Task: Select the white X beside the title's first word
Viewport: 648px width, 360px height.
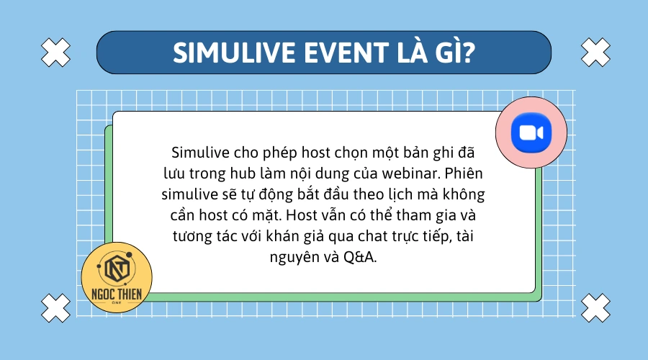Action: tap(56, 51)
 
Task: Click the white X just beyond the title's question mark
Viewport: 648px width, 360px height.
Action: tap(595, 51)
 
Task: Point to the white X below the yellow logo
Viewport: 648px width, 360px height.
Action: tap(56, 308)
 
